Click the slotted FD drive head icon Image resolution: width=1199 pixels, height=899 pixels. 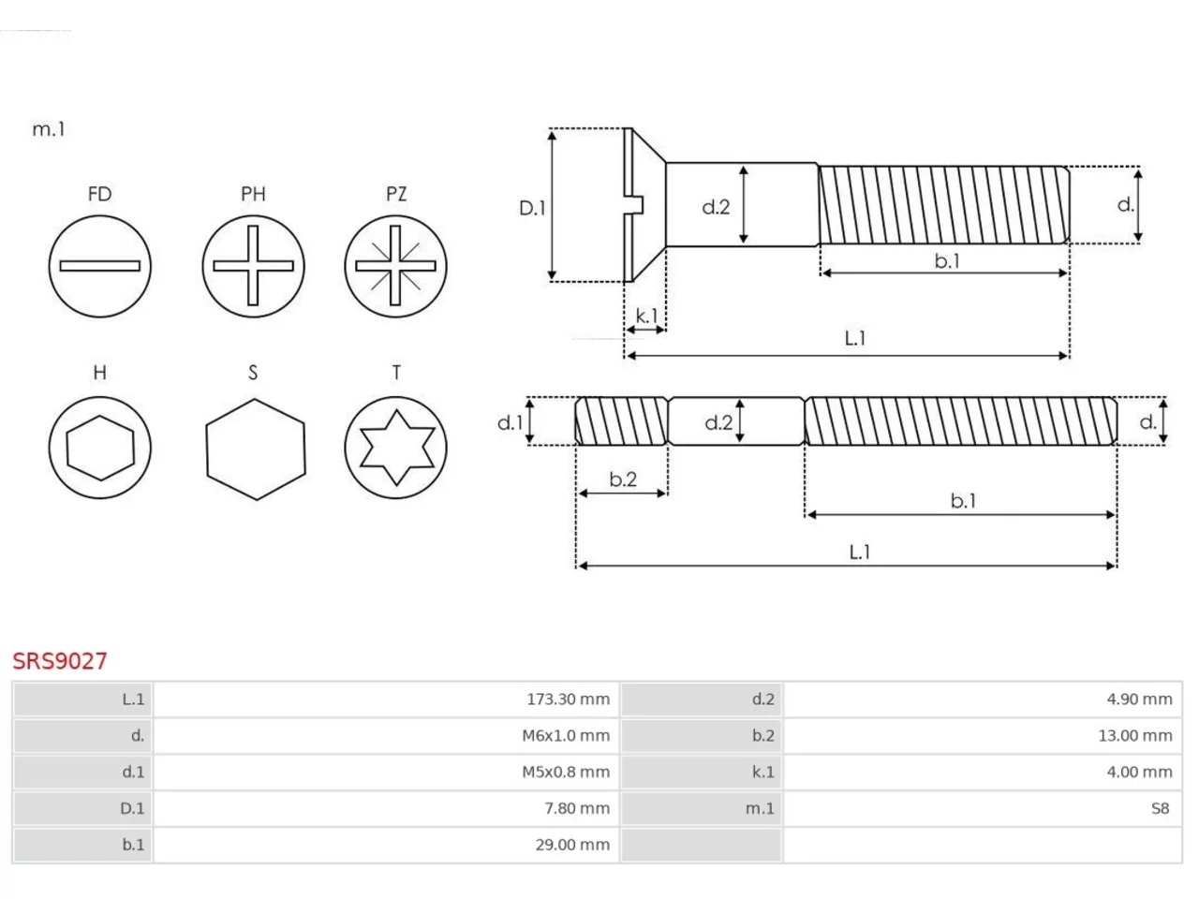point(99,266)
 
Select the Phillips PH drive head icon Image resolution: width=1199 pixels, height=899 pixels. point(253,266)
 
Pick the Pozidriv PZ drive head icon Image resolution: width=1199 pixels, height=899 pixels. point(395,266)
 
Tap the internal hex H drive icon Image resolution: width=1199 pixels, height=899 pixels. point(99,448)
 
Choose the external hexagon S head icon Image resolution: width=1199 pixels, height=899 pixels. point(256,449)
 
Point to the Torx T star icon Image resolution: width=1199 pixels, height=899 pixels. point(395,448)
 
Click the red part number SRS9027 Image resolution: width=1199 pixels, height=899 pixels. point(60,661)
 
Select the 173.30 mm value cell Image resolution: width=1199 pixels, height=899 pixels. point(386,700)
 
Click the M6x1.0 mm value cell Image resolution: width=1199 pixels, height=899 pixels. point(386,736)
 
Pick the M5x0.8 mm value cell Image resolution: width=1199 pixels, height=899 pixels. point(386,772)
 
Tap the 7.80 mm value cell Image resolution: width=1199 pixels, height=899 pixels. point(386,808)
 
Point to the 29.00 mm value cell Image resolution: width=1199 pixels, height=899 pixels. point(386,845)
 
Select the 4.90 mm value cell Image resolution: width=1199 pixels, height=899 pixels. point(982,700)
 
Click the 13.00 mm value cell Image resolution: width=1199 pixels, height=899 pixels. point(982,736)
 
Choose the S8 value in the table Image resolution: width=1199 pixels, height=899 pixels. point(1160,808)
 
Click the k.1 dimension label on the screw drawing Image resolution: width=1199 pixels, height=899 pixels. point(646,316)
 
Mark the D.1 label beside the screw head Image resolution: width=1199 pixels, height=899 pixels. point(532,208)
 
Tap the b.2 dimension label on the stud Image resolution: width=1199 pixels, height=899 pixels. point(623,479)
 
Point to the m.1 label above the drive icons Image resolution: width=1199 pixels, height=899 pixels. point(49,129)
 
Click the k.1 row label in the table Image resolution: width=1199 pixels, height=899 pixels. point(762,772)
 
